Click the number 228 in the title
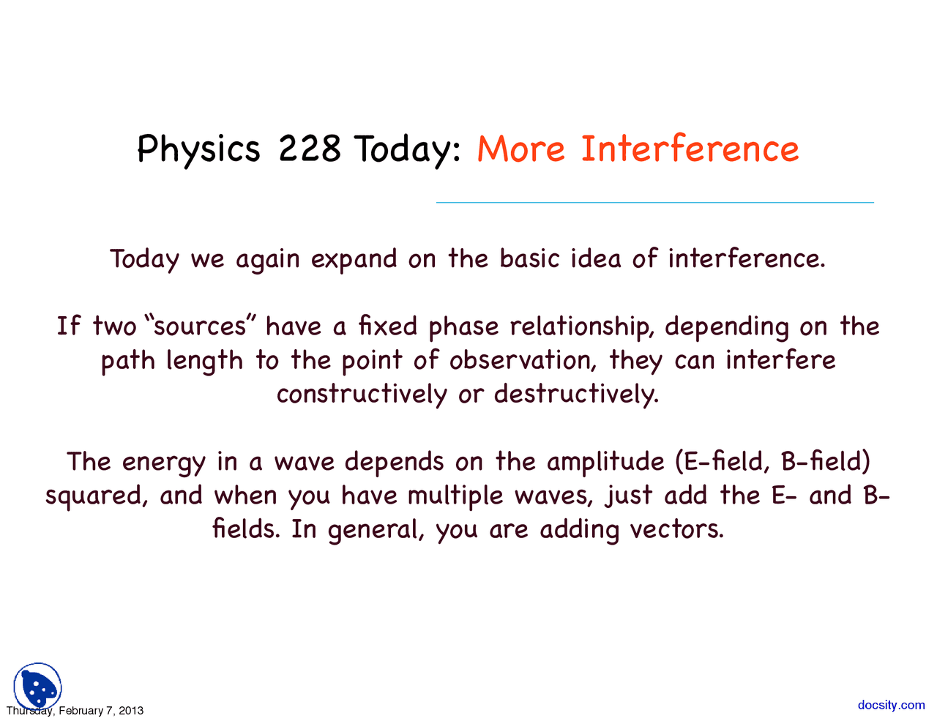(310, 149)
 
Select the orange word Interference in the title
(689, 149)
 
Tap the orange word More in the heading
(520, 149)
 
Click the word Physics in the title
(198, 150)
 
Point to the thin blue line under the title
(654, 202)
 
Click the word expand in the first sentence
(354, 260)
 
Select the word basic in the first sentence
(529, 258)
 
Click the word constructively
(362, 394)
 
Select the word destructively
(576, 394)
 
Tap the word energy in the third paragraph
(164, 463)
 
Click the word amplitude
(605, 463)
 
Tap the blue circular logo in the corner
(37, 686)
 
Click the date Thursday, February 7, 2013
(75, 711)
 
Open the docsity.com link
(891, 705)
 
